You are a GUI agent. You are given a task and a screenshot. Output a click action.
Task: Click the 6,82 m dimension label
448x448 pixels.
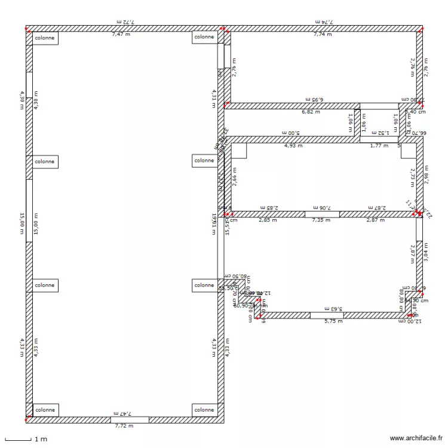tap(310, 112)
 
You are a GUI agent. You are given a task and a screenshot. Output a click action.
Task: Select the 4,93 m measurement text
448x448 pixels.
tap(293, 145)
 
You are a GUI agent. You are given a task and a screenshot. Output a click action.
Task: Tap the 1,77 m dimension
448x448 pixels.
tap(379, 145)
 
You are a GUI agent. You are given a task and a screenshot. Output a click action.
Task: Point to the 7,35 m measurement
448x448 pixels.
tap(321, 220)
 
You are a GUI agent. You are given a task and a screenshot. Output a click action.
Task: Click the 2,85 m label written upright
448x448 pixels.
tap(268, 220)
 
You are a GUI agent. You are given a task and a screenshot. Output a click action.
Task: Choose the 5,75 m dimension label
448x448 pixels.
tap(333, 321)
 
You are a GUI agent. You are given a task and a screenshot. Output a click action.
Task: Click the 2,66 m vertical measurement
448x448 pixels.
tap(234, 178)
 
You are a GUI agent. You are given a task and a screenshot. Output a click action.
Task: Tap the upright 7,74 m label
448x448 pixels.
tap(323, 34)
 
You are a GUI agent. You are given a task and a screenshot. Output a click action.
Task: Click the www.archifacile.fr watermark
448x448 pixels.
tap(416, 437)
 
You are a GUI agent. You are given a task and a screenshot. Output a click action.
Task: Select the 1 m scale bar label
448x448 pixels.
tap(41, 440)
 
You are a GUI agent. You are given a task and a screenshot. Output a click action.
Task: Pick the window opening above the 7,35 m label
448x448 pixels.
tap(322, 214)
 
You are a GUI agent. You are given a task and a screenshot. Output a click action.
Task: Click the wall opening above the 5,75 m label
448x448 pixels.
tap(327, 315)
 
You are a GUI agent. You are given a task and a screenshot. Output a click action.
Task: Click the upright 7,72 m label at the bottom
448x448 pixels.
tap(124, 425)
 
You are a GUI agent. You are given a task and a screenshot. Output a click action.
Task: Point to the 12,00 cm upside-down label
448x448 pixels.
tap(412, 321)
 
